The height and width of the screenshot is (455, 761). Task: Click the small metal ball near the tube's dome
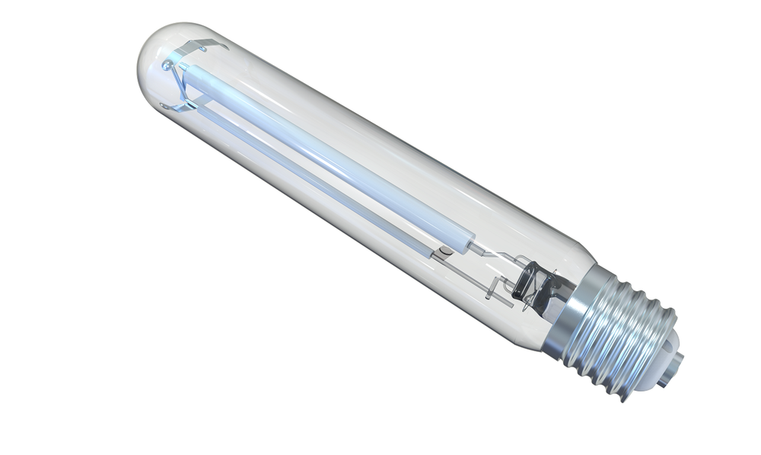point(167,66)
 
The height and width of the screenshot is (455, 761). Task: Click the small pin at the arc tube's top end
point(183,67)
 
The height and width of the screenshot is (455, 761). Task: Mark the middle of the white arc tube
point(327,157)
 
